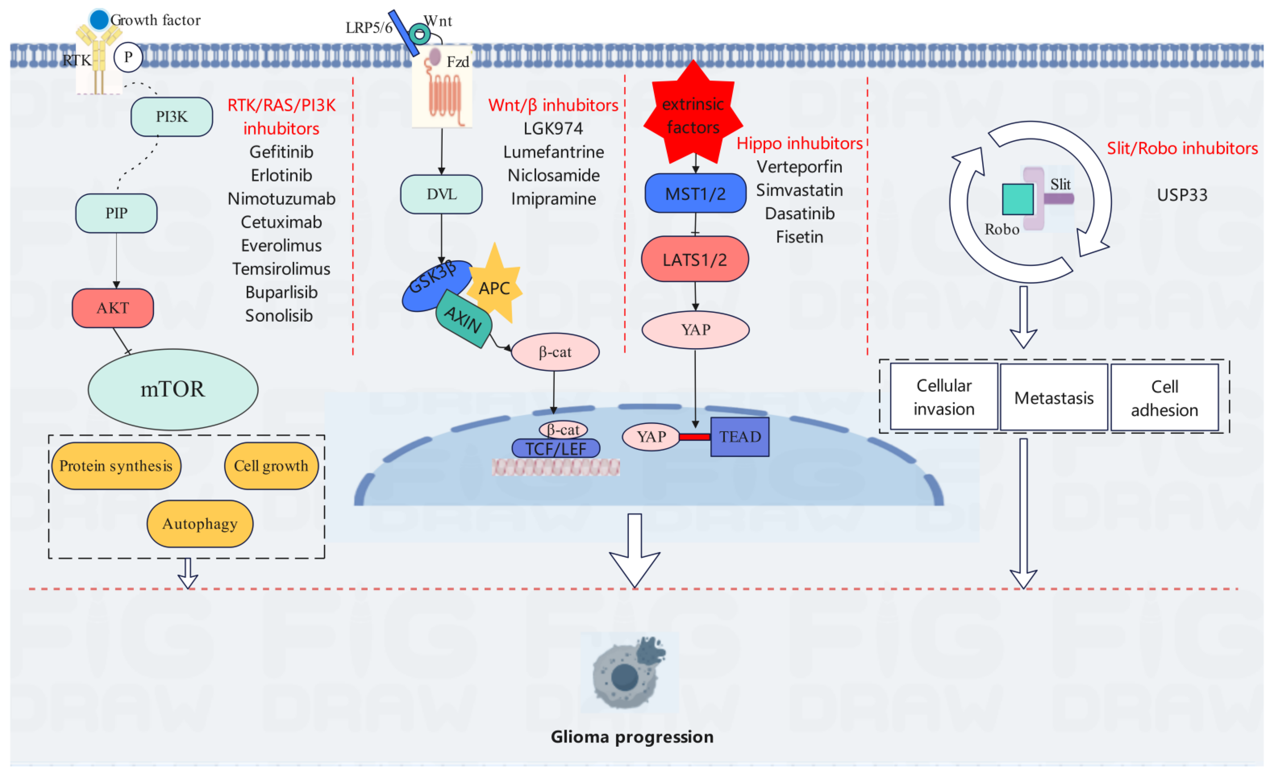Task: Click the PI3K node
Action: (x=172, y=117)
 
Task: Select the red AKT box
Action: (x=112, y=308)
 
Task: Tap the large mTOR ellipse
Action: (x=173, y=389)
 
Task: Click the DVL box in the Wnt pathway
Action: (x=441, y=194)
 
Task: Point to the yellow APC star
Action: (x=494, y=287)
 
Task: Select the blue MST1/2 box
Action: (x=695, y=193)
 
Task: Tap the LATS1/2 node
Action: (x=695, y=259)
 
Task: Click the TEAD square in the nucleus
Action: (x=740, y=437)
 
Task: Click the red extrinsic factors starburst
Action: (x=693, y=115)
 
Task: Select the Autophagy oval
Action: (x=200, y=524)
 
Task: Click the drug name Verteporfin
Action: (x=799, y=167)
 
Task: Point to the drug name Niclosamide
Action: (x=553, y=175)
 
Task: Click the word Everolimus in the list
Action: (x=281, y=245)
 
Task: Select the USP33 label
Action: (x=1182, y=195)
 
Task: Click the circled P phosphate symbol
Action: (x=128, y=57)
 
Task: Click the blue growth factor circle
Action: (x=98, y=20)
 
